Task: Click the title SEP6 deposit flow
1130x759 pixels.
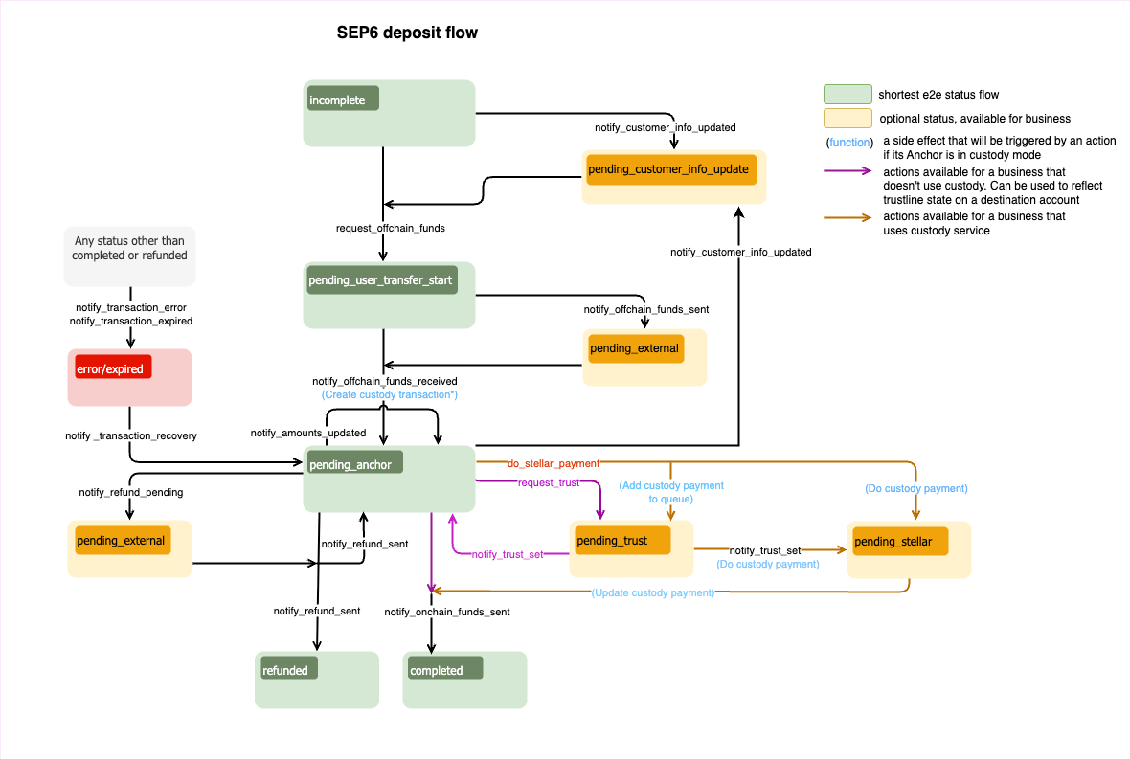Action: (x=407, y=33)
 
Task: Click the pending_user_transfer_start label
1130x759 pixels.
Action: (x=380, y=280)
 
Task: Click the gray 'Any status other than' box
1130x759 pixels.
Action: (x=130, y=256)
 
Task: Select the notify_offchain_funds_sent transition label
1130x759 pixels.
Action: (x=646, y=310)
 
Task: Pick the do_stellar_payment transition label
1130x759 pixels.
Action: (x=553, y=464)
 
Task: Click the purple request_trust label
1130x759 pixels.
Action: (x=548, y=482)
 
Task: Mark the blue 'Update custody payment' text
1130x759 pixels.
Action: (x=653, y=593)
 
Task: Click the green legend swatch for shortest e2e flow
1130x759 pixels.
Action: (x=847, y=94)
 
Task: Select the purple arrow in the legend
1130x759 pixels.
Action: (x=847, y=171)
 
